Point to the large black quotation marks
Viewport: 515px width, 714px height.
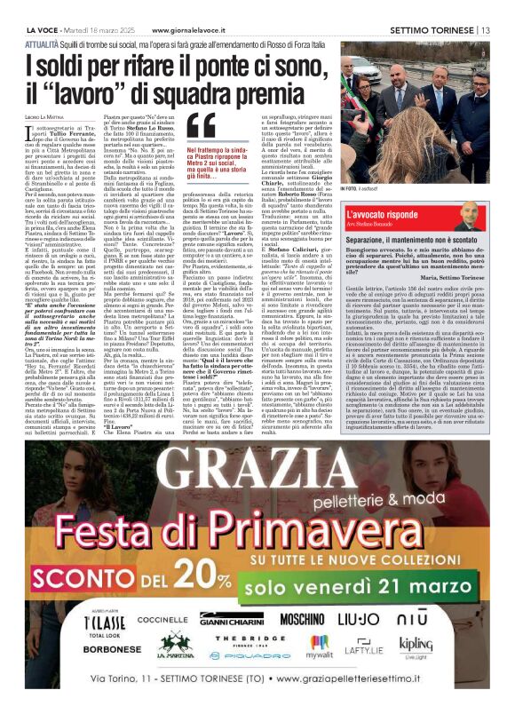(x=201, y=129)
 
